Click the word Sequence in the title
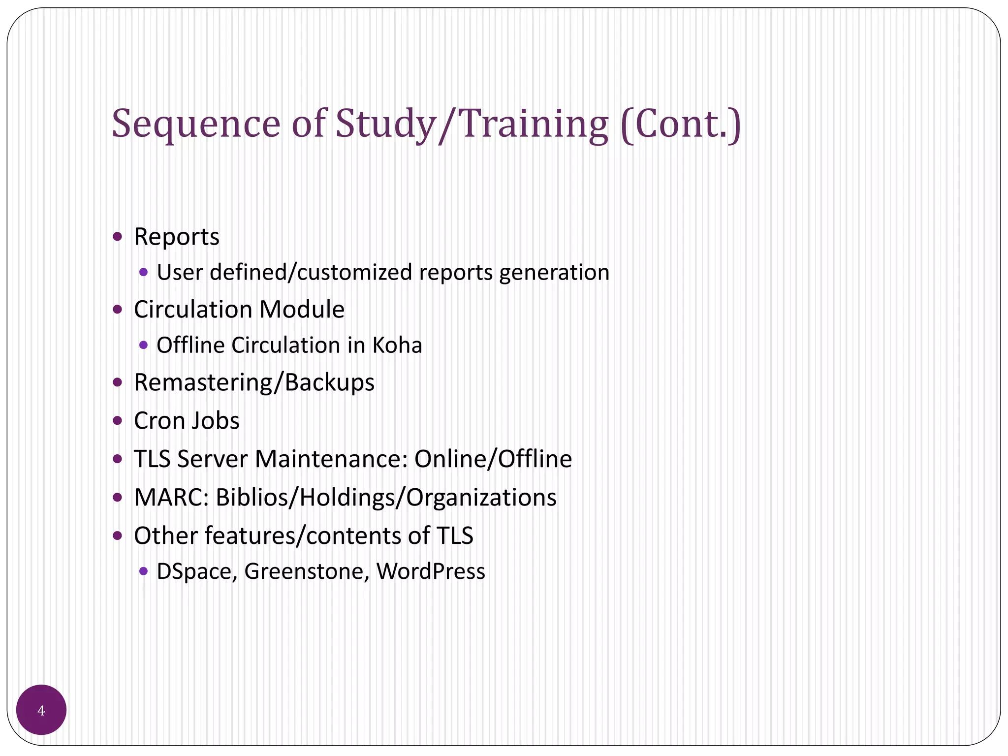click(196, 124)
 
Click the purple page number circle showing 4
click(41, 710)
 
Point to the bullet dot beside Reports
click(117, 237)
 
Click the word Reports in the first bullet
click(177, 237)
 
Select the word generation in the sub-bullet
click(554, 273)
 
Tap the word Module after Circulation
click(302, 310)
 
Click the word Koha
click(397, 345)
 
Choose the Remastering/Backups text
click(254, 382)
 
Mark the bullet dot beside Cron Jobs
click(117, 421)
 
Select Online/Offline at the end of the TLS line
click(493, 459)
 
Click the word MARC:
click(172, 498)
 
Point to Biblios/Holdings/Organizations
click(386, 498)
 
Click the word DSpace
click(197, 571)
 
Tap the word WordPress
click(431, 571)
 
